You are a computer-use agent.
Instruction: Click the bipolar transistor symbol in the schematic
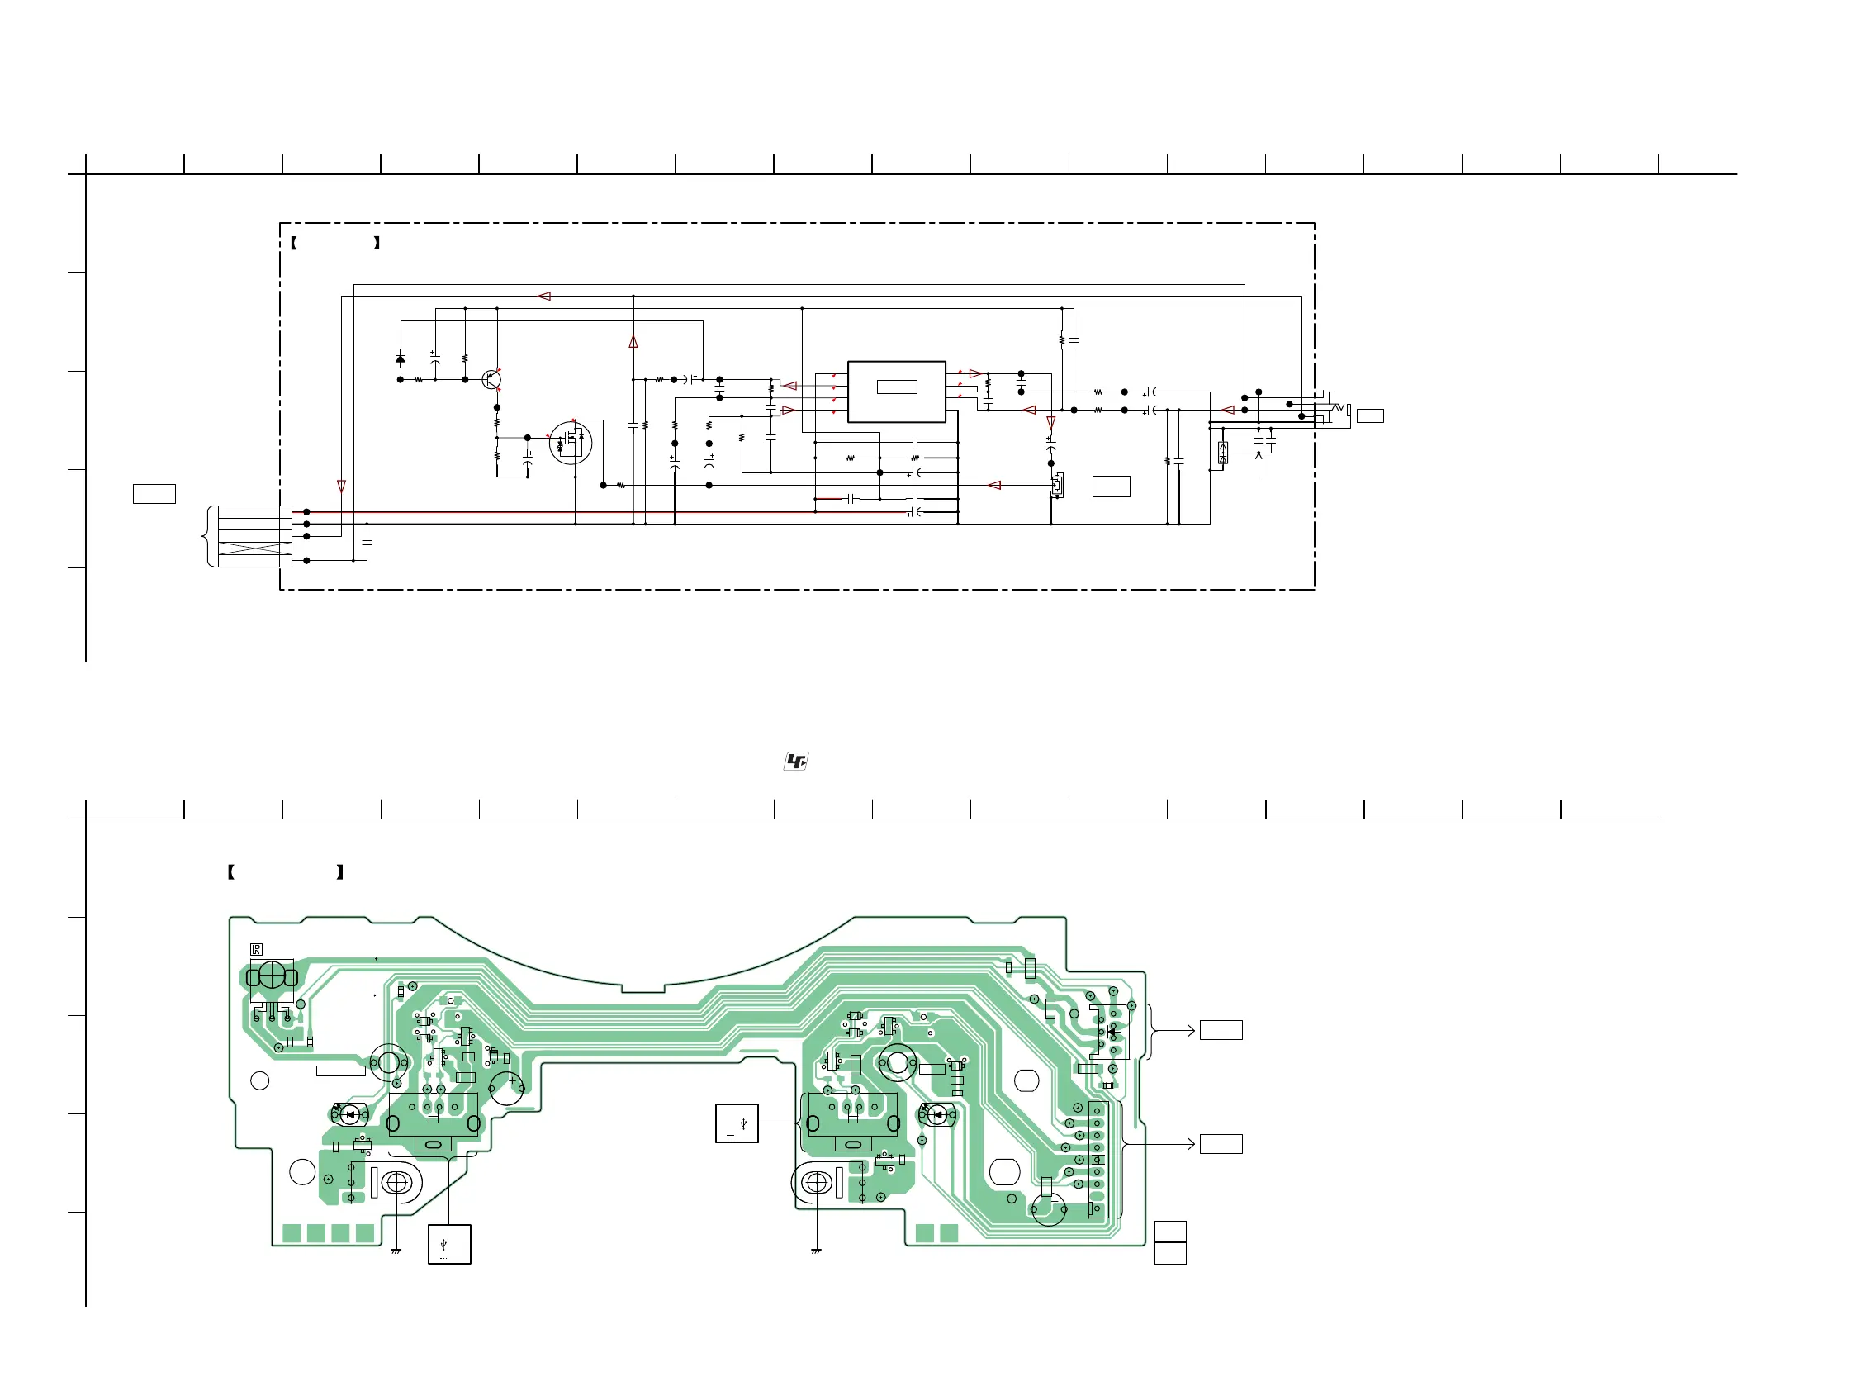(491, 379)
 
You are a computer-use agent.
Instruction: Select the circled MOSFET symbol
(571, 442)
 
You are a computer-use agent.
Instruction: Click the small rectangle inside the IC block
(897, 387)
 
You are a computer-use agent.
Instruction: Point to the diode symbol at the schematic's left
(401, 359)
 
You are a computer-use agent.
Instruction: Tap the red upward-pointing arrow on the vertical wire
(633, 342)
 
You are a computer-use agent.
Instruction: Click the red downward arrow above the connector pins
(341, 486)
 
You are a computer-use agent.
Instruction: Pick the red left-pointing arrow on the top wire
(545, 296)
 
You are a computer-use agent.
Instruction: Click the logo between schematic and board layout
(796, 761)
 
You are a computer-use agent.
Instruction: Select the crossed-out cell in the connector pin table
(255, 548)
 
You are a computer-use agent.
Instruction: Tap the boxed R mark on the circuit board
(257, 950)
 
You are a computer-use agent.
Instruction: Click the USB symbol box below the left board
(450, 1244)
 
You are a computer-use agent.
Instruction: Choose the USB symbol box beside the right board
(737, 1123)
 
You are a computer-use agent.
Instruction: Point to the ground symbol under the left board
(396, 1251)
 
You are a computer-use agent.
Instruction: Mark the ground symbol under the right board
(816, 1251)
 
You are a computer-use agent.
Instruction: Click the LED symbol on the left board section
(352, 1114)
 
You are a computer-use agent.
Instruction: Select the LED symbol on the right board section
(938, 1114)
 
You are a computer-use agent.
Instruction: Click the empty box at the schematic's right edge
(1370, 415)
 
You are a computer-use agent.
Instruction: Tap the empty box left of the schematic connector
(154, 494)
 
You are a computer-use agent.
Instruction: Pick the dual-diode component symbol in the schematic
(1223, 453)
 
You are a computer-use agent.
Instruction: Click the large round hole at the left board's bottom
(301, 1172)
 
